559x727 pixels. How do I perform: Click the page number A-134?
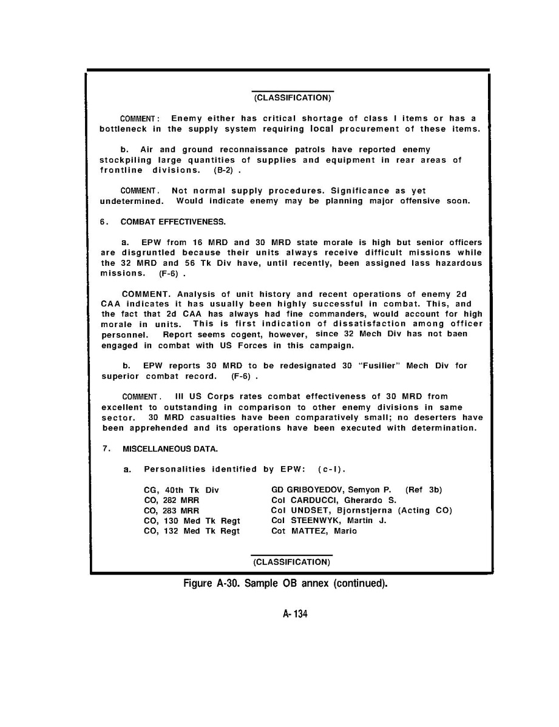(x=295, y=615)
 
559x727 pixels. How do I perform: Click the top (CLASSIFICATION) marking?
(x=292, y=97)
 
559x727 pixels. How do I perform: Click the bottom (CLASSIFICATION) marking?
(x=292, y=562)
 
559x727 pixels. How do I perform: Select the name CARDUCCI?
(x=310, y=499)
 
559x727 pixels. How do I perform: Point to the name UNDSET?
(x=305, y=510)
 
